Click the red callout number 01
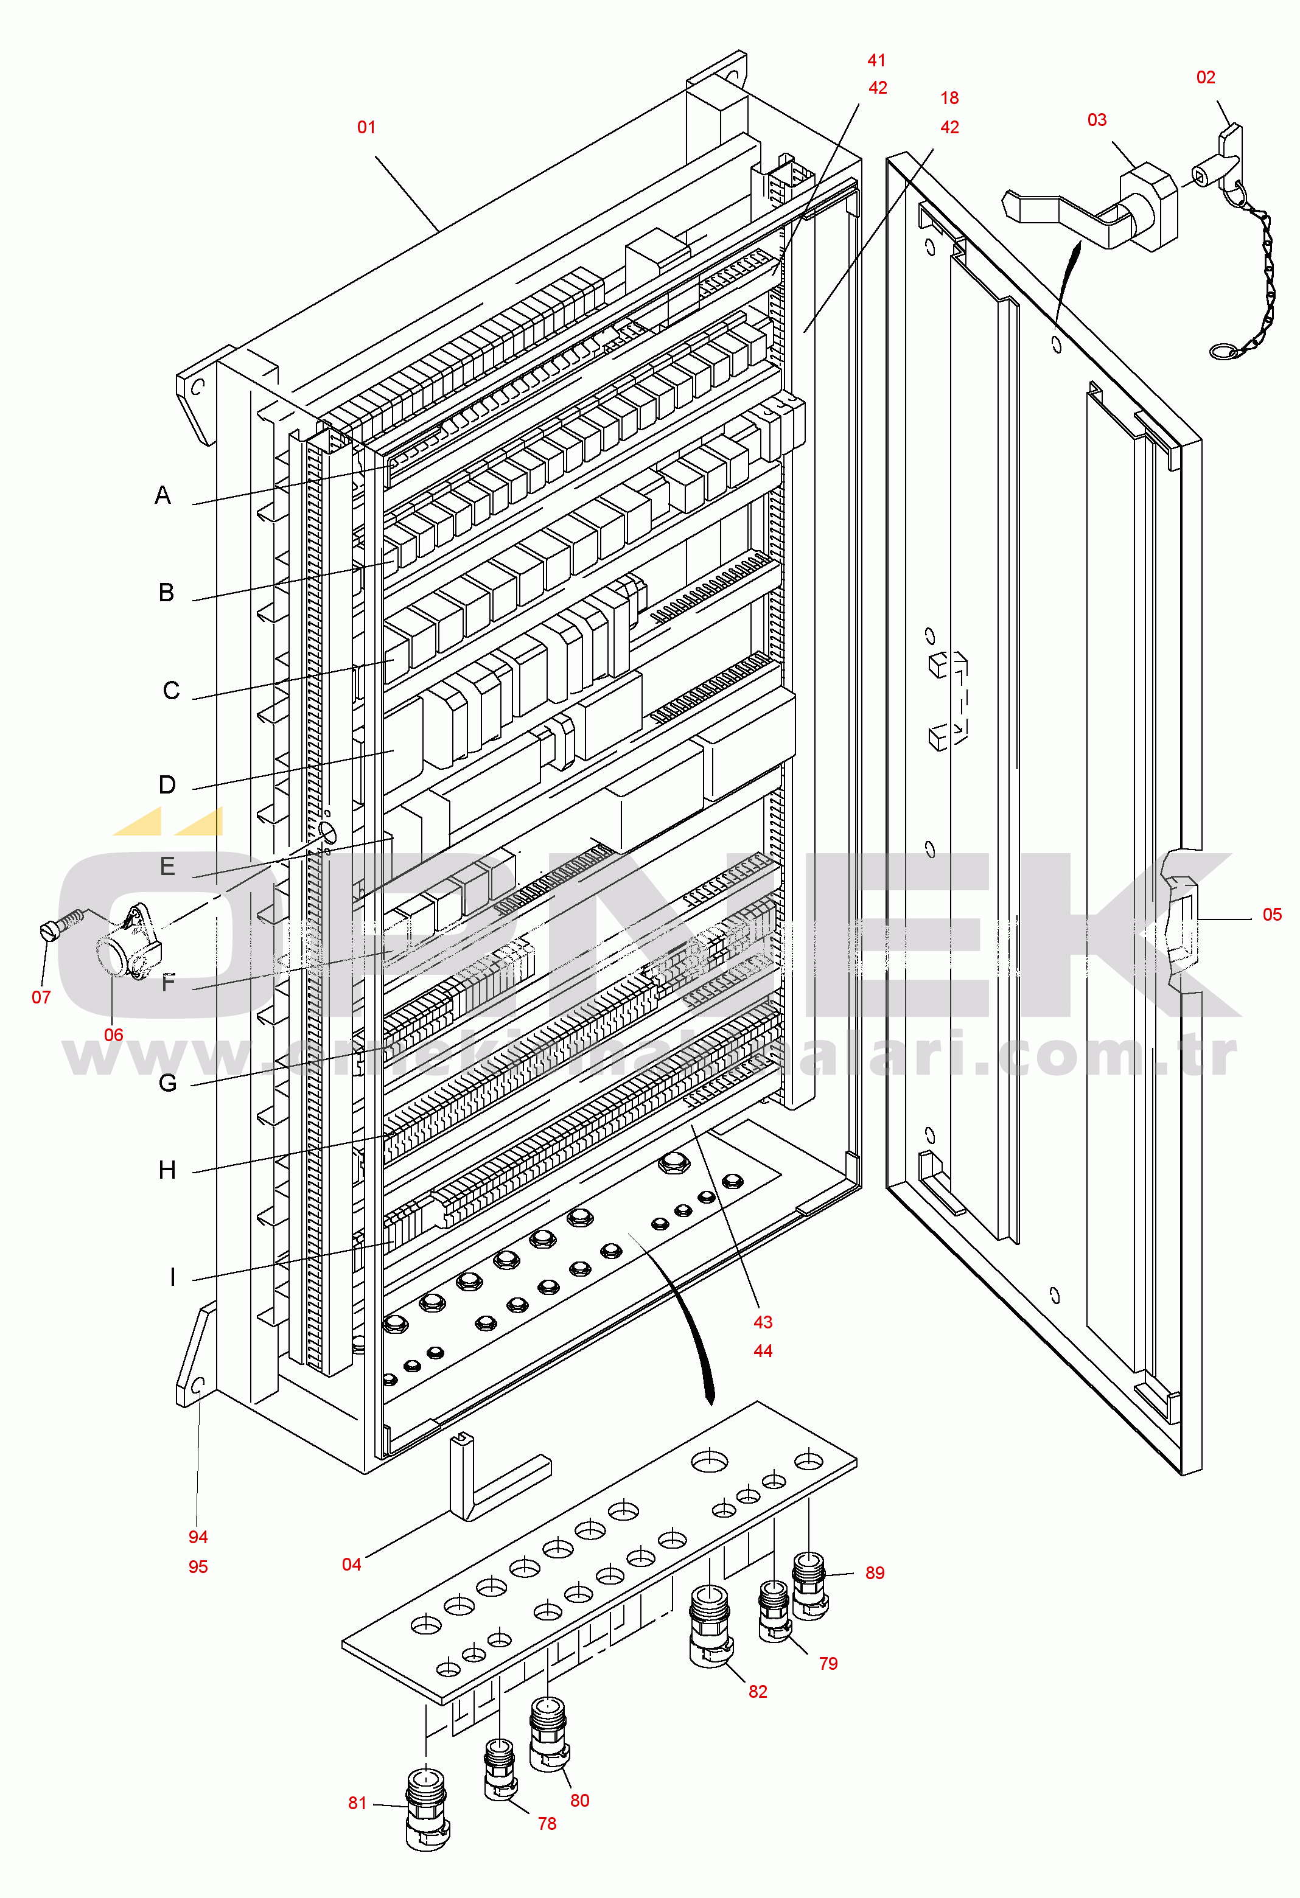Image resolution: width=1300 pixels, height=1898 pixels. click(366, 127)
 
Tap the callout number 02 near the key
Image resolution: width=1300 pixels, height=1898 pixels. click(1205, 77)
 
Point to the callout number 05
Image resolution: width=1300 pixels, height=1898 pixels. click(1271, 915)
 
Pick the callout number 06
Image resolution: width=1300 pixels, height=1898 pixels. click(113, 1034)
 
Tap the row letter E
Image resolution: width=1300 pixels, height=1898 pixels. click(167, 867)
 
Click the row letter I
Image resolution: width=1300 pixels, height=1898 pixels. click(172, 1277)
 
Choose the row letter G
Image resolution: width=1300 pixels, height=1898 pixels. click(167, 1084)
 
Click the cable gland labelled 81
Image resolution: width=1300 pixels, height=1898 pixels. click(426, 1818)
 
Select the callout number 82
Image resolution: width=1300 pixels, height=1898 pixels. click(758, 1691)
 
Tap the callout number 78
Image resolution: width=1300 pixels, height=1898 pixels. click(547, 1824)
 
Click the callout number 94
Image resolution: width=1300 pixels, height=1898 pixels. click(198, 1537)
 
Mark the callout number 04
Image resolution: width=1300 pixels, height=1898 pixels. click(351, 1564)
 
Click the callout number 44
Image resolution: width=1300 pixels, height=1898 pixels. click(763, 1351)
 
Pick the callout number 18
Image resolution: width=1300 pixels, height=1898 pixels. click(949, 98)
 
